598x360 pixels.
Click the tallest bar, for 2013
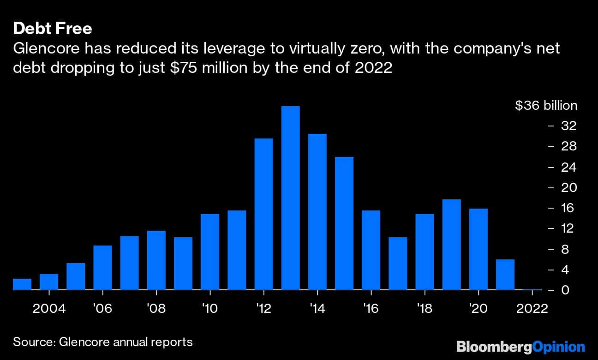pyautogui.click(x=290, y=198)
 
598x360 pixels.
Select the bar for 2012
pyautogui.click(x=263, y=214)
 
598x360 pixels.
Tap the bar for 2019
pyautogui.click(x=451, y=245)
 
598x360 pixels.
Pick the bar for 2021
pyautogui.click(x=505, y=275)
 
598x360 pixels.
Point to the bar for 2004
pyautogui.click(x=49, y=282)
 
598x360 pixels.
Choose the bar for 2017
pyautogui.click(x=398, y=264)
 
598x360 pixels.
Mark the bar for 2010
pyautogui.click(x=210, y=252)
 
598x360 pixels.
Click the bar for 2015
pyautogui.click(x=344, y=223)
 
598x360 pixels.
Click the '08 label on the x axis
pyautogui.click(x=156, y=308)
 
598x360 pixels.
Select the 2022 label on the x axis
pyautogui.click(x=532, y=308)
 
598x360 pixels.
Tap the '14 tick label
pyautogui.click(x=317, y=308)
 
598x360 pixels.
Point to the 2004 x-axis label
pyautogui.click(x=49, y=308)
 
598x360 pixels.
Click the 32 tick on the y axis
pyautogui.click(x=568, y=126)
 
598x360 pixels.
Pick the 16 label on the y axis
pyautogui.click(x=568, y=208)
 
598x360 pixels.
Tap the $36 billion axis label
pyautogui.click(x=546, y=106)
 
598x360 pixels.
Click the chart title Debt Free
pyautogui.click(x=53, y=29)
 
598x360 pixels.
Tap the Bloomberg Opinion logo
pyautogui.click(x=520, y=346)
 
